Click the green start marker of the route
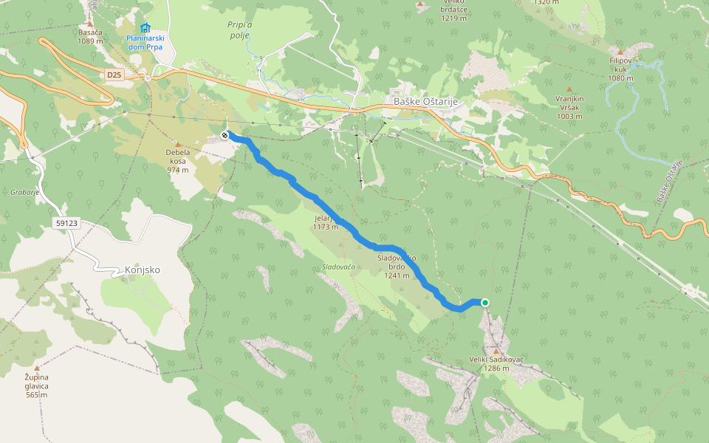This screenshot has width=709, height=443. (x=485, y=302)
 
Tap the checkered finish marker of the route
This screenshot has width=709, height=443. (x=225, y=134)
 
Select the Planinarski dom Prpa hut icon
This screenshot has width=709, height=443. (x=145, y=28)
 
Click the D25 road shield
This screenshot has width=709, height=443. (x=113, y=75)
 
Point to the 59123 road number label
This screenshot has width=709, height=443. (x=66, y=222)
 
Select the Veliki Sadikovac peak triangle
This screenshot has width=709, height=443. (x=496, y=351)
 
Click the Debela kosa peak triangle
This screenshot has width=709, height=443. (x=178, y=145)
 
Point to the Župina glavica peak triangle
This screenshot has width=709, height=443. (x=36, y=367)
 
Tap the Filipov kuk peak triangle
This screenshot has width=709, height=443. (x=620, y=52)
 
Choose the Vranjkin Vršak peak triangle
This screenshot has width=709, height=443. (x=569, y=89)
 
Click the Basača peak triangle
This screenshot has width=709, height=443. (x=90, y=24)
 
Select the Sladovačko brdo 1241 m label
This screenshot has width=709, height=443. (x=397, y=266)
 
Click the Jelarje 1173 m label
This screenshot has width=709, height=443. (x=325, y=223)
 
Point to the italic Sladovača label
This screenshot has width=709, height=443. (x=338, y=267)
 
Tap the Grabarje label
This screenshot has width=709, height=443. (x=25, y=192)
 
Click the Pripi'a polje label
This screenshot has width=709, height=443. (x=239, y=30)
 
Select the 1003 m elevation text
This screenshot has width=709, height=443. (x=569, y=116)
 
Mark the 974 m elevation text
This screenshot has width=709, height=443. (x=178, y=170)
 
